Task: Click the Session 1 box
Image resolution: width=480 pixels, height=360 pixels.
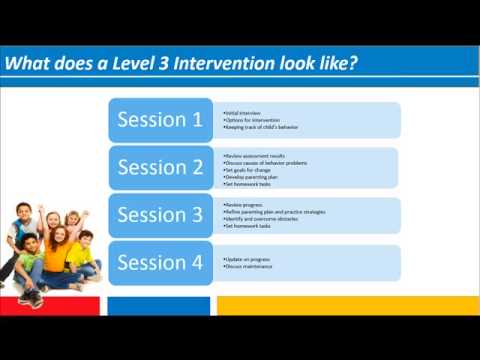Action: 160,120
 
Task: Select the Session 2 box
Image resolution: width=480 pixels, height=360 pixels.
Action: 160,167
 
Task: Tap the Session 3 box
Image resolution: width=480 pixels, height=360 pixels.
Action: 160,215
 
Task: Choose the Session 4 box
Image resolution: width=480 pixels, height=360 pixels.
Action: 160,263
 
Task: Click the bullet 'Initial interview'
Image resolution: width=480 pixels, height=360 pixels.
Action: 246,114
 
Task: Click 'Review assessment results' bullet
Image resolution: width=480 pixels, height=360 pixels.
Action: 256,157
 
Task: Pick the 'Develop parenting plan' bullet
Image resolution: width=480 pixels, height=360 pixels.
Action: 251,177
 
